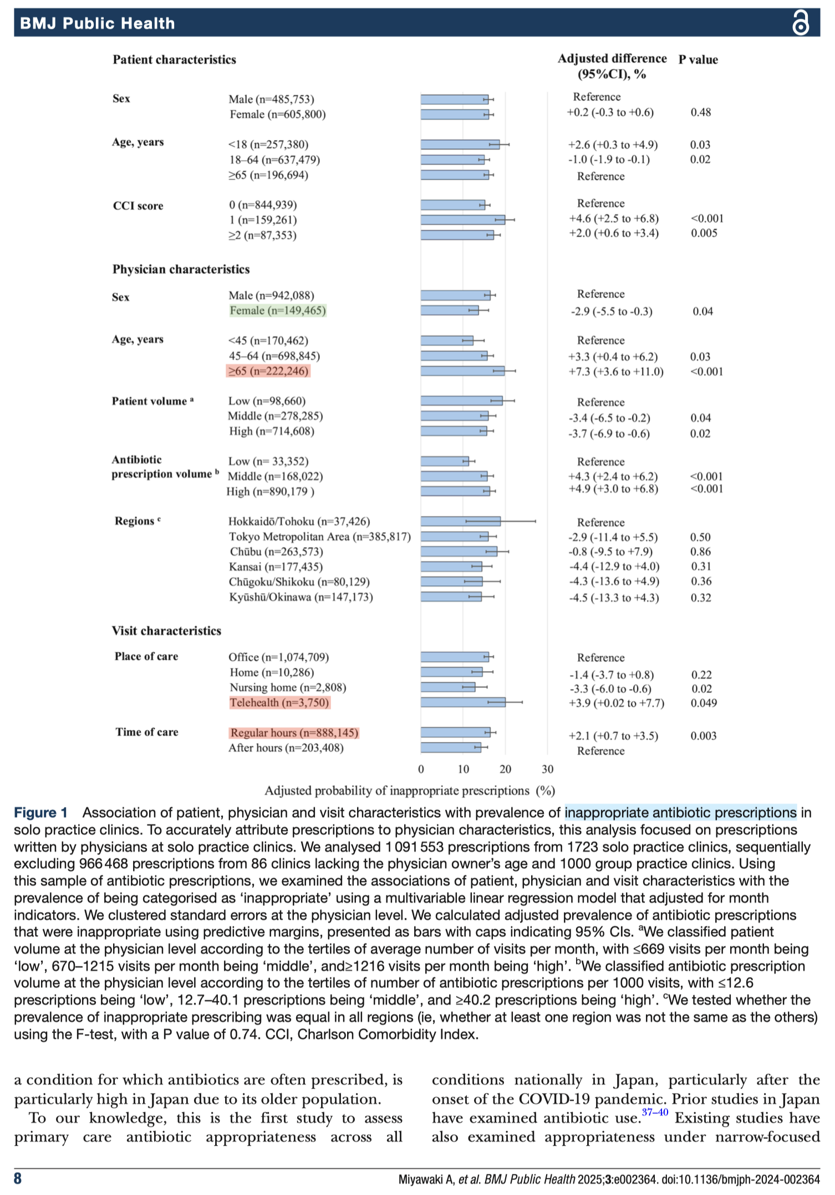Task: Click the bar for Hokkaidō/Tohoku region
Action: tap(460, 521)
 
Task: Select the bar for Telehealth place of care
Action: tap(463, 702)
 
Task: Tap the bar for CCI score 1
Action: tap(462, 220)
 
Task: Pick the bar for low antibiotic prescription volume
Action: tap(444, 461)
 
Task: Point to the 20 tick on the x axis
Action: tap(505, 769)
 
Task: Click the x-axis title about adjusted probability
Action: tap(410, 790)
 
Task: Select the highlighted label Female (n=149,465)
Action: tap(278, 310)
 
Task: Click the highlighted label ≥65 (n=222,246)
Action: tap(269, 371)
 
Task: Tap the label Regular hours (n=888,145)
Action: tap(294, 733)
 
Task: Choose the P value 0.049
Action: tap(704, 703)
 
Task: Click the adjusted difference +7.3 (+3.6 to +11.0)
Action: tap(616, 371)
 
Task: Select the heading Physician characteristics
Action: tap(181, 269)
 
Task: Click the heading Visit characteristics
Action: tap(166, 631)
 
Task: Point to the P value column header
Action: tap(698, 60)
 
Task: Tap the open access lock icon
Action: tap(800, 23)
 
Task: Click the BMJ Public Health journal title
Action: tap(98, 23)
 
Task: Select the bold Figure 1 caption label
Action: tap(40, 813)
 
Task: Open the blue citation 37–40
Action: tap(655, 1112)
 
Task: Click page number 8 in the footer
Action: tap(18, 1178)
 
